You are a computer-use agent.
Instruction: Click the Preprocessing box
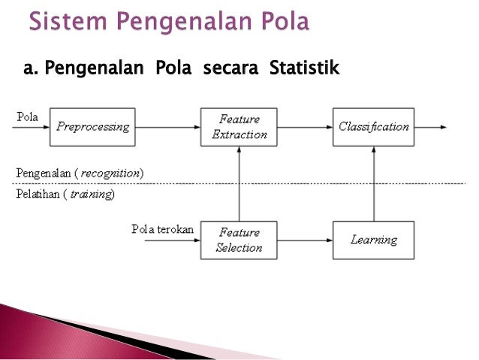tap(93, 127)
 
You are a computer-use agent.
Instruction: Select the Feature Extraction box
tap(239, 127)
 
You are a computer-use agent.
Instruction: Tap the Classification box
tap(373, 127)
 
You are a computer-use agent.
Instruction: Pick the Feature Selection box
tap(239, 241)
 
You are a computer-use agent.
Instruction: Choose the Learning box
tap(373, 241)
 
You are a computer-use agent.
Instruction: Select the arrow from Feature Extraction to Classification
tap(305, 127)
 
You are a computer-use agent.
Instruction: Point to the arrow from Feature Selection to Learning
tap(305, 241)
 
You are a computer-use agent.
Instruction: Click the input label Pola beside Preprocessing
tap(28, 116)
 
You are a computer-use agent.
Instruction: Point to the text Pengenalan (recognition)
tap(80, 174)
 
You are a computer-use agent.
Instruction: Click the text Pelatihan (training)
tap(65, 194)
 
